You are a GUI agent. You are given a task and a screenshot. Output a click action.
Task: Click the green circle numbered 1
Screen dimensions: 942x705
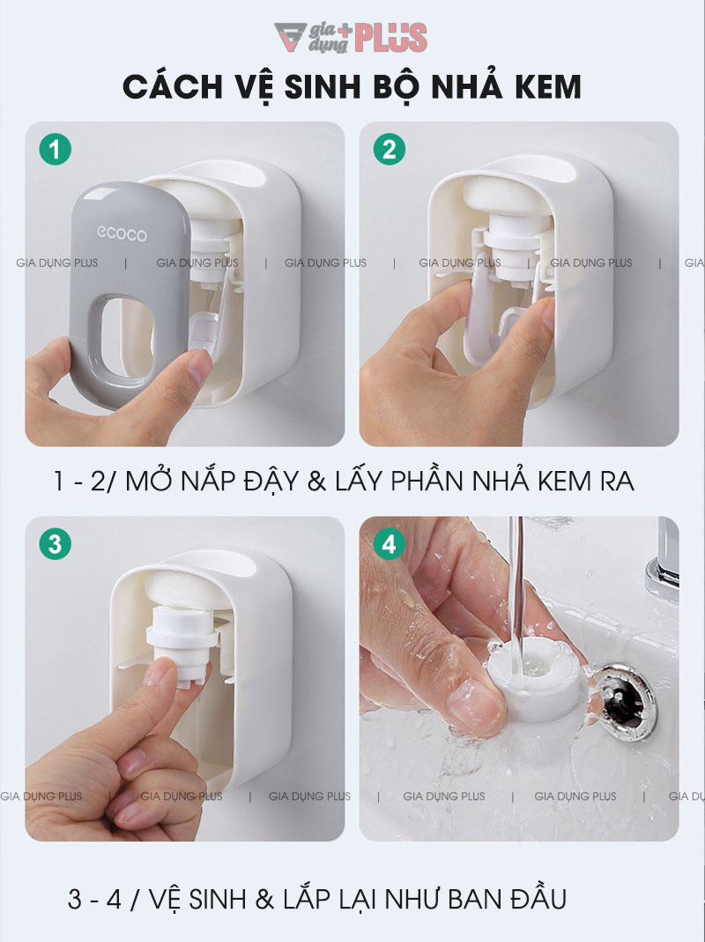coord(56,150)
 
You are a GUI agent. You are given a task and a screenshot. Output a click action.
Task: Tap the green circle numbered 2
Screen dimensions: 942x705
coord(389,150)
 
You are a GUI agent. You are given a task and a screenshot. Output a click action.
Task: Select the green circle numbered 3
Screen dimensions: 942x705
coord(56,543)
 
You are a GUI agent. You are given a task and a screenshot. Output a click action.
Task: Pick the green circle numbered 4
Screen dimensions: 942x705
coord(389,544)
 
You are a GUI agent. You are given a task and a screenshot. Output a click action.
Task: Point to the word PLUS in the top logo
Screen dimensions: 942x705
coord(392,38)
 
